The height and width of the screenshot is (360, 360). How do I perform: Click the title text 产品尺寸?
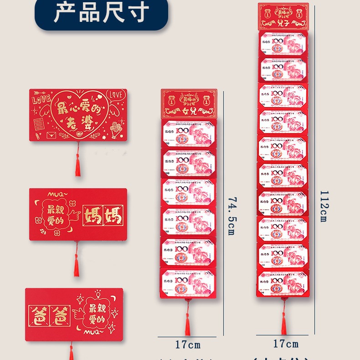point(101,13)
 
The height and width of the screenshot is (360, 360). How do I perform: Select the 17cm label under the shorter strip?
point(188,345)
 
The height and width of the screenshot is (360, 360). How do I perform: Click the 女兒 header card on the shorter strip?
point(189,103)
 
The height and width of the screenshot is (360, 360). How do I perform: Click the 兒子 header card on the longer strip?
point(283,16)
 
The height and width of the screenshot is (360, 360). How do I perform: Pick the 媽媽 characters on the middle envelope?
point(103,216)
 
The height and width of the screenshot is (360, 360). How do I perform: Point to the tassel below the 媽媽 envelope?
point(77,264)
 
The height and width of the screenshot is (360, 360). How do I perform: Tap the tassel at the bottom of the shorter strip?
point(187,324)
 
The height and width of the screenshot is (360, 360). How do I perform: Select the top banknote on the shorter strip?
point(189,134)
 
